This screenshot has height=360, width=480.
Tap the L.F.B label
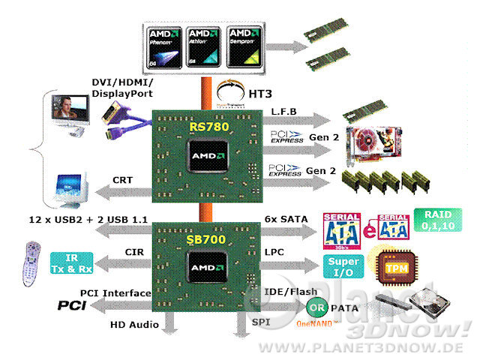(x=283, y=111)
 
